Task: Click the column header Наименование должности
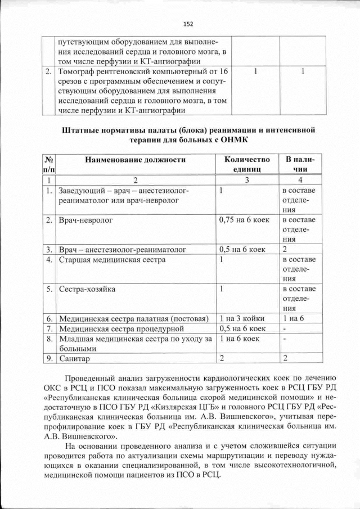135,160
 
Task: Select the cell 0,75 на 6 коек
244,220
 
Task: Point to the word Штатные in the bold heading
78,130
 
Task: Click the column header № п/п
49,164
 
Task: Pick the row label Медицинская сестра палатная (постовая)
134,318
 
